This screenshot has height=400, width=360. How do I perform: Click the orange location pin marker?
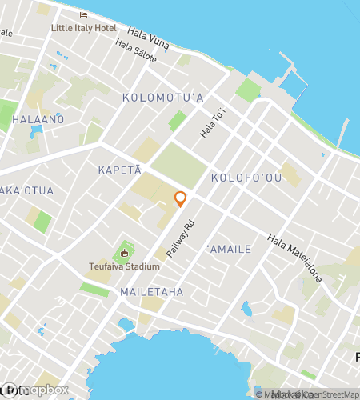181,198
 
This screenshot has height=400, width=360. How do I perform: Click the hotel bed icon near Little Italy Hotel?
83,15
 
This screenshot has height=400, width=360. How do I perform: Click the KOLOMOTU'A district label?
163,98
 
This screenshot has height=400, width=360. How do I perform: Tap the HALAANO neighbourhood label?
38,118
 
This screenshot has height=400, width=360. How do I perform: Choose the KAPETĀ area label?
119,170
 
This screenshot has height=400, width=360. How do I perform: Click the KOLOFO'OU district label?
246,177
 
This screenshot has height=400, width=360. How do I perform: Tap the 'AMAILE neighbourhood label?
230,250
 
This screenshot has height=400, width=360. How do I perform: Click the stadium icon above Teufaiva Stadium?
124,254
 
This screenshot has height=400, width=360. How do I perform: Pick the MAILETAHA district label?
151,292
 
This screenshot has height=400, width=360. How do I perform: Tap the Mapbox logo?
36,390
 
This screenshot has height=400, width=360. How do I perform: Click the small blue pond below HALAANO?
35,131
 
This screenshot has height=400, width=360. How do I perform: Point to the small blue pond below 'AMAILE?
247,308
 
